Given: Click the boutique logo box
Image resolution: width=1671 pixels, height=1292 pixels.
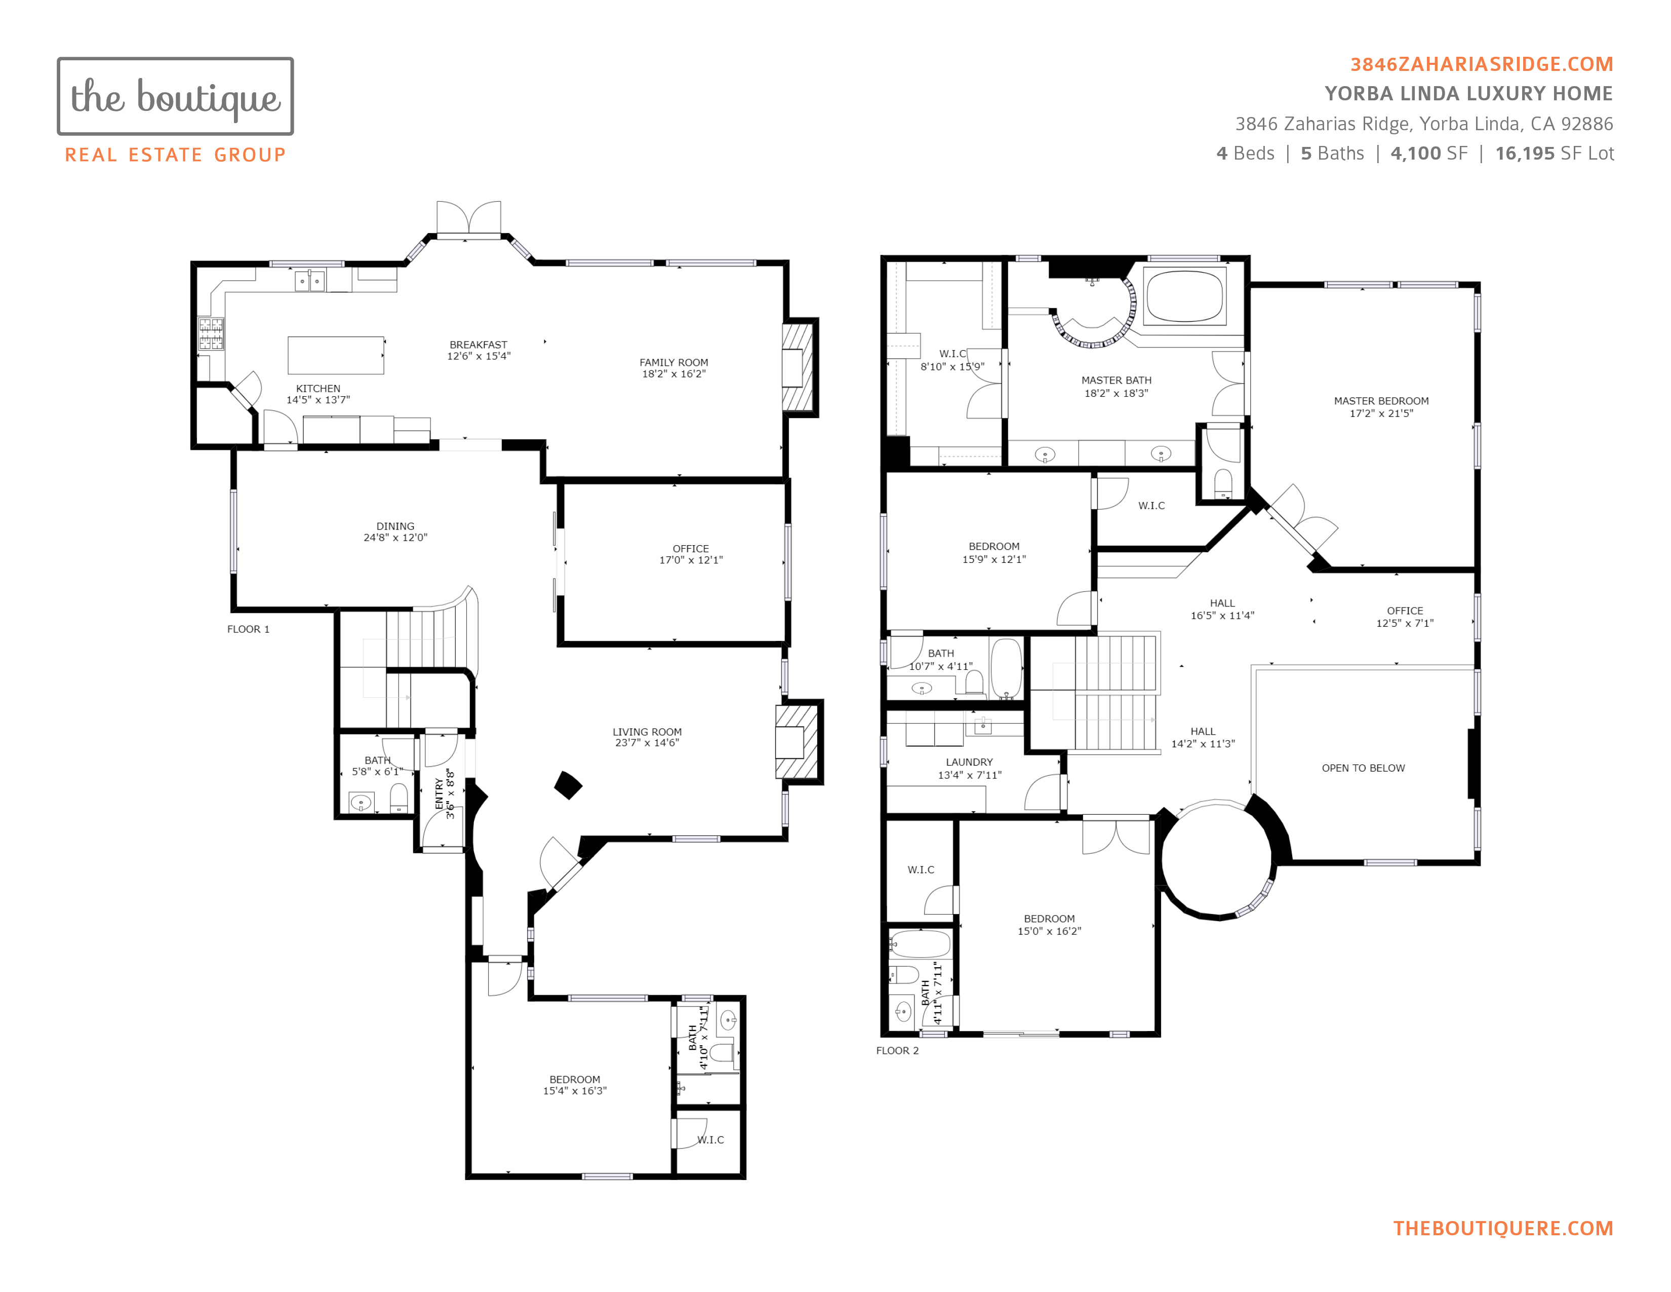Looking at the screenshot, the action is [175, 96].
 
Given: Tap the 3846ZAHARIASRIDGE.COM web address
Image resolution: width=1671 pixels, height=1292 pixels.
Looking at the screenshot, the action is [1481, 64].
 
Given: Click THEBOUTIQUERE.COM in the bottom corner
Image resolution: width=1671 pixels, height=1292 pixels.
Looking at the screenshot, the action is [1503, 1229].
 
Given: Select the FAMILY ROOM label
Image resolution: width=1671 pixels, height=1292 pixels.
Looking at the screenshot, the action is [674, 363].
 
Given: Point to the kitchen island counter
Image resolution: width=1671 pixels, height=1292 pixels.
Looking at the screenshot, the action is [335, 355].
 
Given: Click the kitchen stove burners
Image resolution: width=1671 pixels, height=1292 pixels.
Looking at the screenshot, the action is [211, 334].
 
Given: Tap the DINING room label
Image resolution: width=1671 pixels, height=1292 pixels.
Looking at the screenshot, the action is [395, 526].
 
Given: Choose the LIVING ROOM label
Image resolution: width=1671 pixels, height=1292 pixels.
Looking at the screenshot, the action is [647, 732].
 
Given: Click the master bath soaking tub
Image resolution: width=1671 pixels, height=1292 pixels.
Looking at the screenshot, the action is [1184, 296].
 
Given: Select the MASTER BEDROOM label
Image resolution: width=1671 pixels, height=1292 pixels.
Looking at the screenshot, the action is [1381, 401].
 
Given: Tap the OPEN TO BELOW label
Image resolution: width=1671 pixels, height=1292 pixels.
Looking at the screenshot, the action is [1364, 768].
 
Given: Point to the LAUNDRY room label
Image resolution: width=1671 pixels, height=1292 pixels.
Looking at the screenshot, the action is [969, 763].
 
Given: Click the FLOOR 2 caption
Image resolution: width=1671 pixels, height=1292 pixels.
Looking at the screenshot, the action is [897, 1050].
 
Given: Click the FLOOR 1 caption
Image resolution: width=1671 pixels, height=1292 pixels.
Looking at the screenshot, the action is [248, 629].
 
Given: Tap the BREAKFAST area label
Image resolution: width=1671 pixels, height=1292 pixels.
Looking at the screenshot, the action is [478, 345].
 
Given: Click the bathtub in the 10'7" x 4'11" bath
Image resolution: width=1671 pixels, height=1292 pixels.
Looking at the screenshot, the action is [1006, 668].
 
